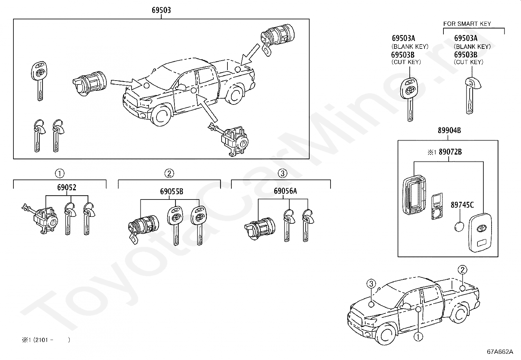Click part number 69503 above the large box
click(161, 10)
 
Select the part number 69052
click(66, 188)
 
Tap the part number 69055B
click(171, 192)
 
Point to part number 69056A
click(285, 191)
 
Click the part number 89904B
click(449, 131)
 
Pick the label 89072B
click(450, 152)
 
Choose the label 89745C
click(462, 205)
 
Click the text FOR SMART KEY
click(467, 24)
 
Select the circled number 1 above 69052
click(59, 173)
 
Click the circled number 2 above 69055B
click(169, 173)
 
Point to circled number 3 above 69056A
click(282, 173)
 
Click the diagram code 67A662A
click(500, 352)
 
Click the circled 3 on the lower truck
click(371, 284)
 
